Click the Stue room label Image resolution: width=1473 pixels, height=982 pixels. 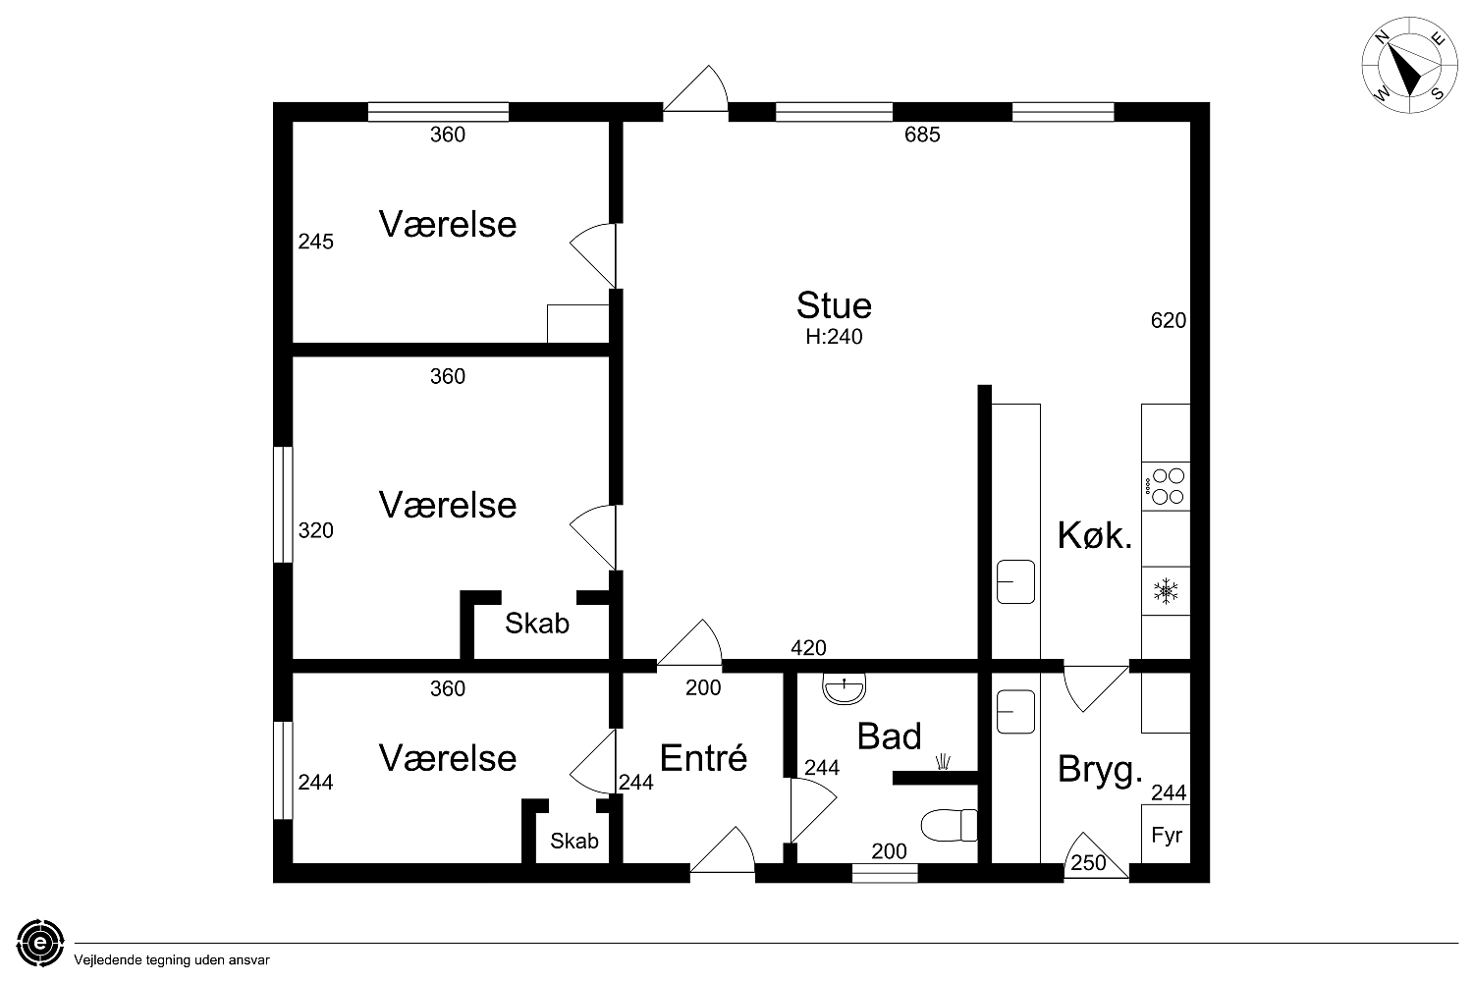pos(834,305)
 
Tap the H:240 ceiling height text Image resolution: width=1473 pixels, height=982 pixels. pos(834,337)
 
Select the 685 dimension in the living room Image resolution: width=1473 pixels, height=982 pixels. pos(922,135)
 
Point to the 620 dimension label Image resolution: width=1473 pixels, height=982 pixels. pos(1168,320)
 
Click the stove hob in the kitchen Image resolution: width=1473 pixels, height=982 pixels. pos(1166,486)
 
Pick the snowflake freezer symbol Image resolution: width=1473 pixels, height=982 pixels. pos(1166,590)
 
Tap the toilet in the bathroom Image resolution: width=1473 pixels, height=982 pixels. pos(949,825)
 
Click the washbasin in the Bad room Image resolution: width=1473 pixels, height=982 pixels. pos(844,688)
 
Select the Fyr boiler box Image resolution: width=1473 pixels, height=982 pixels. pos(1166,834)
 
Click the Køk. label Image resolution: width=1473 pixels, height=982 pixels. pos(1095,535)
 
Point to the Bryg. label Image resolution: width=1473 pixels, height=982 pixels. pos(1100,770)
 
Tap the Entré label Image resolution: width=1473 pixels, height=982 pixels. pos(703,758)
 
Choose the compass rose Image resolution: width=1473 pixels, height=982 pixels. pos(1409,65)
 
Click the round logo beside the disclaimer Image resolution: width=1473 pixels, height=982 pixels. pos(40,943)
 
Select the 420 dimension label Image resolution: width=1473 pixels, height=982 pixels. pos(808,648)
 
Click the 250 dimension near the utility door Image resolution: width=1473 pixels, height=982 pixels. pos(1088,862)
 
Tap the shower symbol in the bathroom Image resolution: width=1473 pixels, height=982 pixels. pos(943,762)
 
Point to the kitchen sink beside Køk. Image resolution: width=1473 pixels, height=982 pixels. pos(1015,581)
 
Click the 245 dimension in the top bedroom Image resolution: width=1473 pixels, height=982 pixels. pos(315,242)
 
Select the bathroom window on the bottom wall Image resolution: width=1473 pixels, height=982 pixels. pos(885,873)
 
